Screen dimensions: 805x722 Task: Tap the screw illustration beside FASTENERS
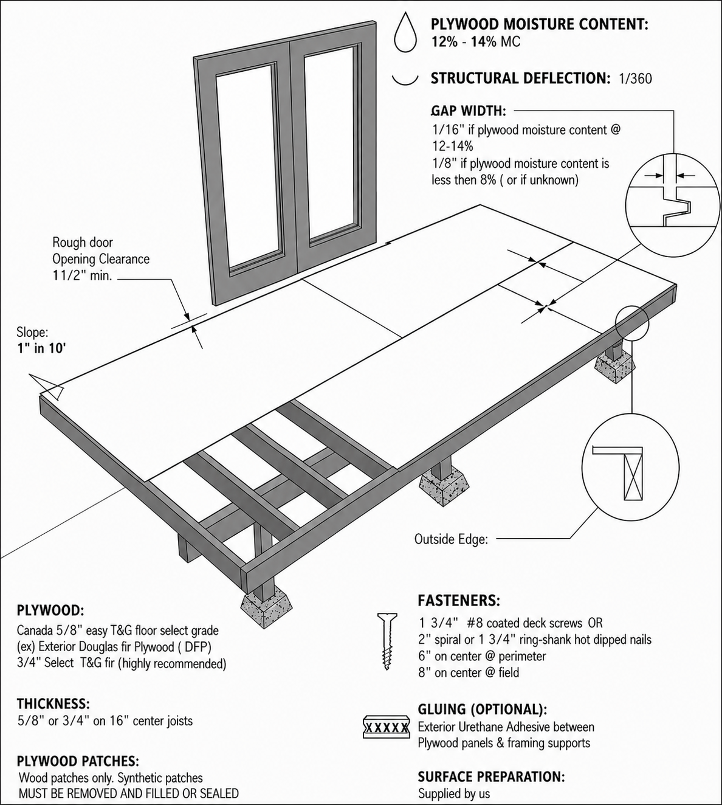click(387, 640)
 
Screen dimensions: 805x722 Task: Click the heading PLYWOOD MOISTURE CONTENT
click(539, 24)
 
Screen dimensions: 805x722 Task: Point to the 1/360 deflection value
click(635, 78)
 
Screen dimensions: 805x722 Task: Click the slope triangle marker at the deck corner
click(47, 385)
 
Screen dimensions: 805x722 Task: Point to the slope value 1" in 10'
click(42, 348)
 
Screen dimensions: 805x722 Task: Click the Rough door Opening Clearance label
click(100, 259)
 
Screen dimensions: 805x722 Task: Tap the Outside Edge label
click(451, 539)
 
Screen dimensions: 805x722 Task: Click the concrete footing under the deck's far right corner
click(614, 368)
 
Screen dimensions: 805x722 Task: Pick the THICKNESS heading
click(53, 704)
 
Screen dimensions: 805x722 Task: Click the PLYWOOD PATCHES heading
click(78, 761)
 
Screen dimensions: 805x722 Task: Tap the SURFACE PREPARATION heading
click(491, 776)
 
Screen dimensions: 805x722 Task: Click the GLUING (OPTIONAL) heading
click(482, 709)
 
